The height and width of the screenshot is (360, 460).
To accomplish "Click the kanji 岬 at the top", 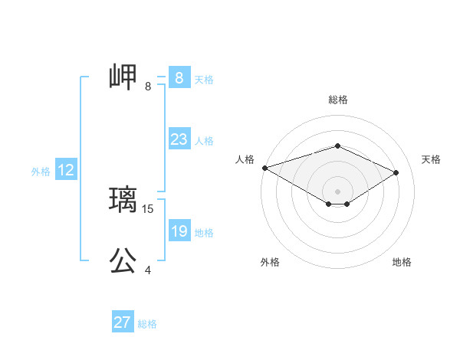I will click(x=123, y=77).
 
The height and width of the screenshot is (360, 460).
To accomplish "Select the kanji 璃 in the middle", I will click(x=123, y=201).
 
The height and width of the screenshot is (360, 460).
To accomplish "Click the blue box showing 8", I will click(x=179, y=78).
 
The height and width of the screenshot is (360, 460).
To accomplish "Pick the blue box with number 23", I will click(x=179, y=139).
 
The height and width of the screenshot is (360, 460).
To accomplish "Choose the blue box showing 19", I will click(x=179, y=232).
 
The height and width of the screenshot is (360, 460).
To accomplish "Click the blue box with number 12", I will click(x=66, y=171).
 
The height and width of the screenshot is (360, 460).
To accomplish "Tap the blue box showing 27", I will click(x=123, y=322).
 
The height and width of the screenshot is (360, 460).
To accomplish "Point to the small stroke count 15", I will click(x=149, y=208).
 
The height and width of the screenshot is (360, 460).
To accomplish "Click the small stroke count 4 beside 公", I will click(x=148, y=270).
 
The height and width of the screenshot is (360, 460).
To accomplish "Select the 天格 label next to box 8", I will click(x=204, y=79).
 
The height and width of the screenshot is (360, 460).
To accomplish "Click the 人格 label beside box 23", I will click(x=204, y=141).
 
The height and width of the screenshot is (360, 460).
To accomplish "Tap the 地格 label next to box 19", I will click(x=204, y=233).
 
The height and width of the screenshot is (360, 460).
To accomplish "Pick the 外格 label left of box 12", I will click(x=41, y=172).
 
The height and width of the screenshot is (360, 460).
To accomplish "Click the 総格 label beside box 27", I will click(x=147, y=324).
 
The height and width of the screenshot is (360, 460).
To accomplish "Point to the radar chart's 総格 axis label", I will click(x=337, y=100).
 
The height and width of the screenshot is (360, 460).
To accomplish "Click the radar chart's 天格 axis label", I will click(x=432, y=159).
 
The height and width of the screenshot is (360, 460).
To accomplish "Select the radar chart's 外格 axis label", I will click(x=270, y=262).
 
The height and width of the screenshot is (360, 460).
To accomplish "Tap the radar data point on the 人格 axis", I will click(x=264, y=168).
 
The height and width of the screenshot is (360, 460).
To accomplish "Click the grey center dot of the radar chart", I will click(x=337, y=190).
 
